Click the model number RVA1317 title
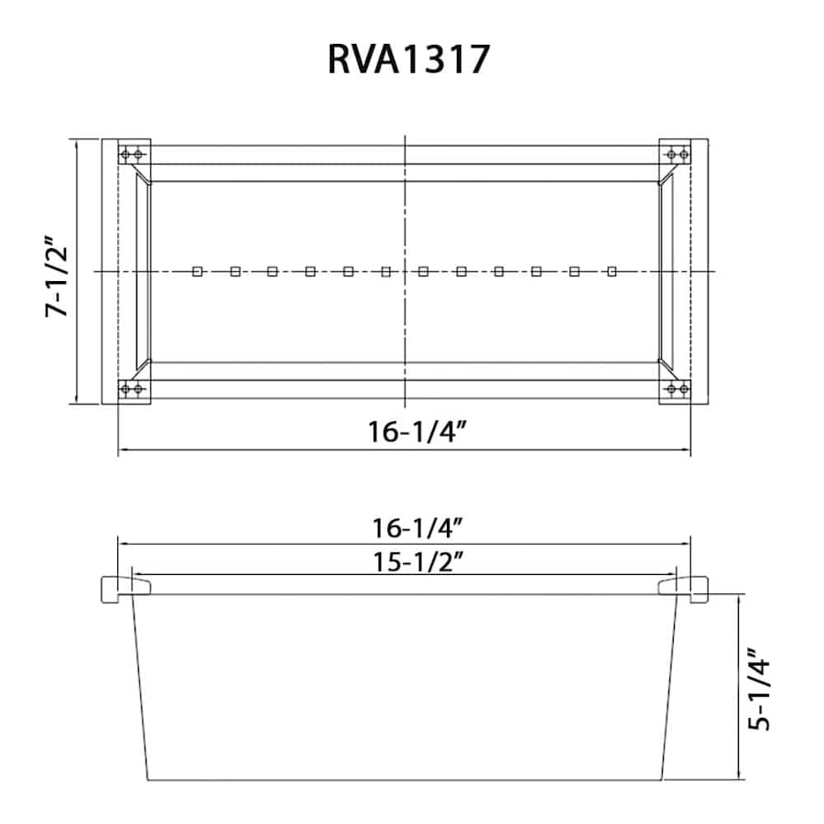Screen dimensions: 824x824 (x=409, y=60)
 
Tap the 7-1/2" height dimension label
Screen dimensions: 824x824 (x=58, y=278)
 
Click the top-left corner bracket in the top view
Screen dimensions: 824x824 (x=135, y=153)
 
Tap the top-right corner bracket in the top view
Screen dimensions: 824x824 (x=676, y=153)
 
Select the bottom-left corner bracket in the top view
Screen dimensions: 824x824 (x=135, y=390)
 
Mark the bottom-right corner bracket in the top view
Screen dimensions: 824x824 (x=676, y=390)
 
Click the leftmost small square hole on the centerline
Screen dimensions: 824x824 (x=197, y=271)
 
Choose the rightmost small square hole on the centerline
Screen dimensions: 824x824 (x=613, y=271)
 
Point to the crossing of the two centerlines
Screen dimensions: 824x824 (x=405, y=271)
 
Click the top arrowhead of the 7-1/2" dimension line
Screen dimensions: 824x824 (x=77, y=144)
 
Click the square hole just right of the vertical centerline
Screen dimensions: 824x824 (x=423, y=271)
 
